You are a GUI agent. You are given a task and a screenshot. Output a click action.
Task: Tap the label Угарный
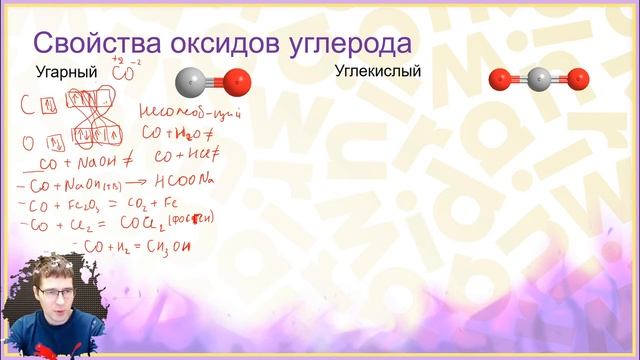(66, 73)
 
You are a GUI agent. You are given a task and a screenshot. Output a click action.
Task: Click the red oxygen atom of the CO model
(236, 82)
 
